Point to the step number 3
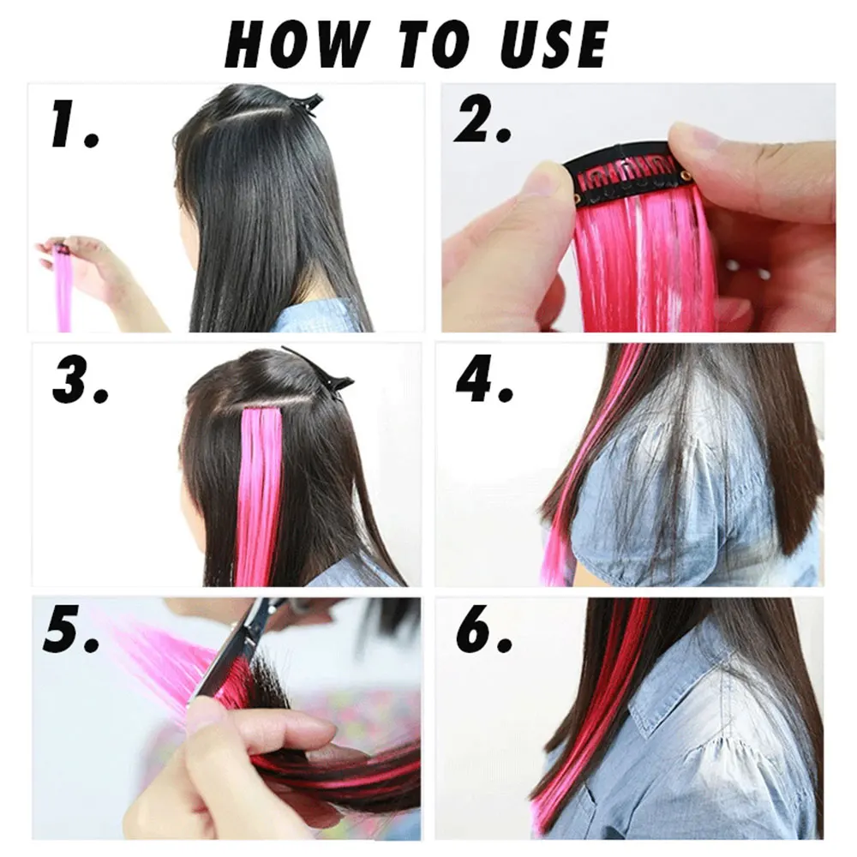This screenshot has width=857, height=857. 80,381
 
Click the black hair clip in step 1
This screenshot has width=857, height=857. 306,104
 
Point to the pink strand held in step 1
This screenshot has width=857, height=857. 63,291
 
